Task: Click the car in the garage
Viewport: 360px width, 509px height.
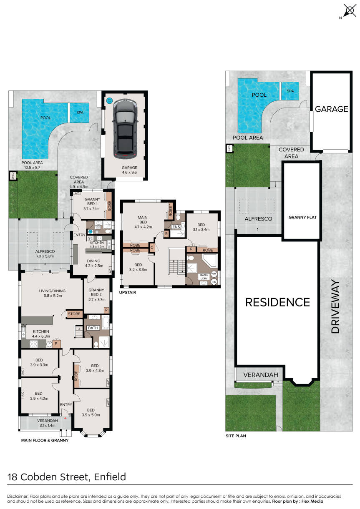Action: pyautogui.click(x=125, y=129)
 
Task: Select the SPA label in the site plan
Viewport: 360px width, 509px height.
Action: pyautogui.click(x=290, y=91)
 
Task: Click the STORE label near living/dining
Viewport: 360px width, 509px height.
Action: pyautogui.click(x=74, y=314)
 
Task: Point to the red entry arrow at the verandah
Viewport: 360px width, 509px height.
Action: pyautogui.click(x=65, y=418)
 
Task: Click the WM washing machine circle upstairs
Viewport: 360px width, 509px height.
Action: pyautogui.click(x=214, y=274)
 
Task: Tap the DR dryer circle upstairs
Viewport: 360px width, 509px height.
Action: pyautogui.click(x=214, y=282)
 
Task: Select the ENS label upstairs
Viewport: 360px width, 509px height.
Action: pyautogui.click(x=176, y=227)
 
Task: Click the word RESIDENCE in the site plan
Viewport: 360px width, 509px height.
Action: pyautogui.click(x=278, y=303)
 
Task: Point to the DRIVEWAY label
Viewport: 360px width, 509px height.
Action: pyautogui.click(x=335, y=306)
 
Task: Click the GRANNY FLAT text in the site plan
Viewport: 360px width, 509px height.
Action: pyautogui.click(x=302, y=218)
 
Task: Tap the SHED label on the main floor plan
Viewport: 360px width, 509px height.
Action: pyautogui.click(x=13, y=176)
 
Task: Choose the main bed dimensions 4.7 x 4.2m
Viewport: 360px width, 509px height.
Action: pyautogui.click(x=143, y=227)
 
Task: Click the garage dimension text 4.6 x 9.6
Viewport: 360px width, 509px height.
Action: pyautogui.click(x=129, y=173)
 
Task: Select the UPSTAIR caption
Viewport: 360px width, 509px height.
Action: pyautogui.click(x=128, y=293)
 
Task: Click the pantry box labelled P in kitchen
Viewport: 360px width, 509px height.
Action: pyautogui.click(x=56, y=344)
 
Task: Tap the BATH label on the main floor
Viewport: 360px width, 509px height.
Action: pyautogui.click(x=93, y=328)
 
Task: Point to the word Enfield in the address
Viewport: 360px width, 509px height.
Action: pyautogui.click(x=110, y=477)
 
